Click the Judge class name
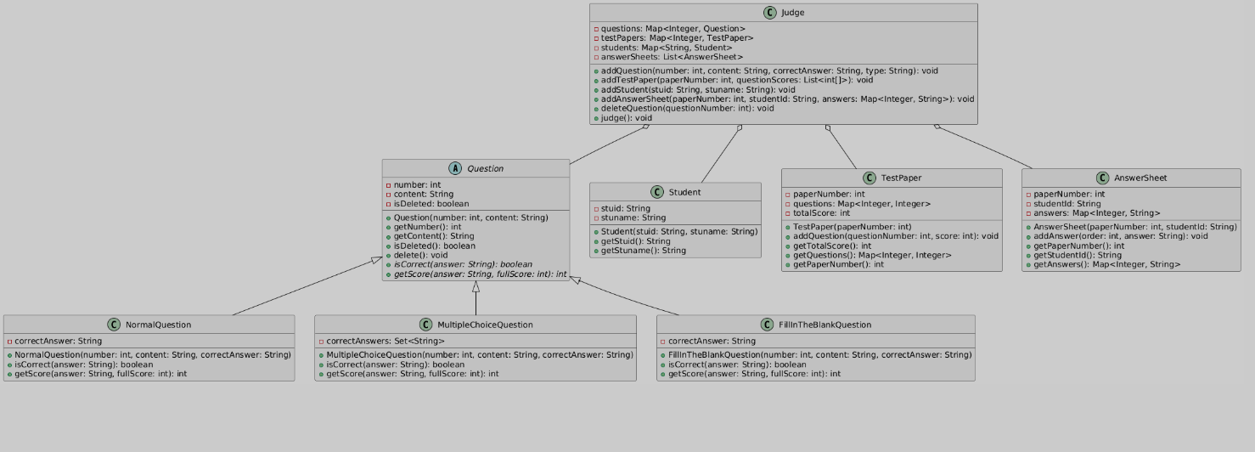coord(793,13)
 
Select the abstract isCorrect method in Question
coord(463,264)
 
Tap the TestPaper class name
coord(901,178)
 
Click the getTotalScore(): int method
coord(831,246)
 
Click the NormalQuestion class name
coord(158,325)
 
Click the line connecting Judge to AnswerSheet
coord(985,147)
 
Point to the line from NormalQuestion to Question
coord(306,286)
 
